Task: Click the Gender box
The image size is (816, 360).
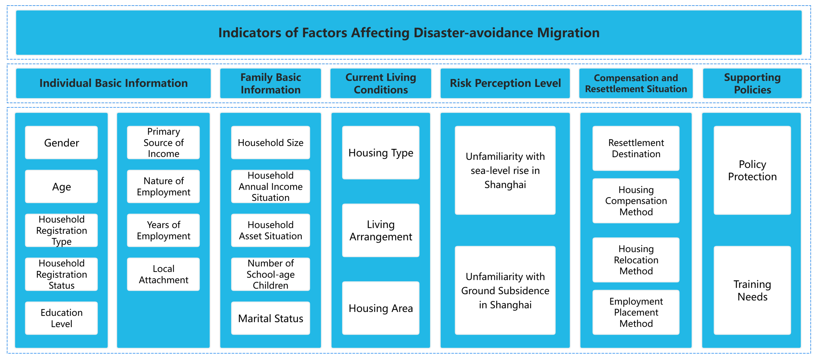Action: [61, 143]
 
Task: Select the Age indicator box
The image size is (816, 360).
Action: [61, 187]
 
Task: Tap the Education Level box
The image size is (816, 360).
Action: [61, 318]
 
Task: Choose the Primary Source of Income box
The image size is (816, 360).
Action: [163, 143]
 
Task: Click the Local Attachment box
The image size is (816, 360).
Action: [163, 274]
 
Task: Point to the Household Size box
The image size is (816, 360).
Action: [270, 143]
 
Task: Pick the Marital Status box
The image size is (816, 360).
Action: [270, 318]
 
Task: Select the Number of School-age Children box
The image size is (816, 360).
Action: [270, 274]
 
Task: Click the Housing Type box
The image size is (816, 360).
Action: [381, 153]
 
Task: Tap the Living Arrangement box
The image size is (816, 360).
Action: [381, 231]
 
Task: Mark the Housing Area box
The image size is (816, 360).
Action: [381, 308]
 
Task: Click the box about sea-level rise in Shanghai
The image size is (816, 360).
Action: [505, 170]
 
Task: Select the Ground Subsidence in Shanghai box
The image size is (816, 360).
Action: [505, 290]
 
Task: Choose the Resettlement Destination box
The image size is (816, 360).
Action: [636, 148]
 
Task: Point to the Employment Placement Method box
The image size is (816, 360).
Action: [636, 312]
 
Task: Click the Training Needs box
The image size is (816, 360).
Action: [752, 290]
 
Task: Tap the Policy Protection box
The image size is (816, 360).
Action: [752, 170]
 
